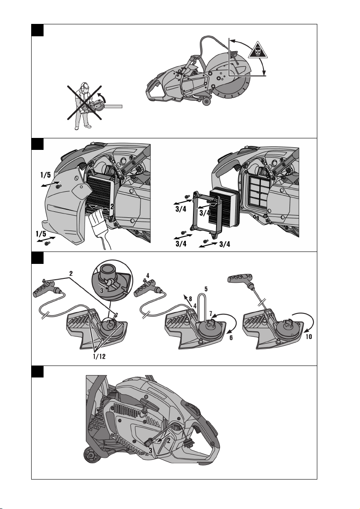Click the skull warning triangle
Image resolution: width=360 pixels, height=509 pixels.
point(258,51)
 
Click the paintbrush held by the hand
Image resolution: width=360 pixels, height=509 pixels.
point(100,227)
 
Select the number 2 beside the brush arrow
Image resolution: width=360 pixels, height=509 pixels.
point(112,206)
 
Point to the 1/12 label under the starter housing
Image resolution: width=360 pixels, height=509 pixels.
point(99,357)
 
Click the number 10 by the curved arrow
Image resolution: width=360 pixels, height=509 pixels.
point(309,336)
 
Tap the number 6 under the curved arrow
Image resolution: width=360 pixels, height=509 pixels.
point(231,338)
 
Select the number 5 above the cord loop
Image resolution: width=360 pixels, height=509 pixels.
point(206,289)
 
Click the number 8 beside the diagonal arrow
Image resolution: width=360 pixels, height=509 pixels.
point(190,298)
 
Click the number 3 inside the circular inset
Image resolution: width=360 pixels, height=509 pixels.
point(102,290)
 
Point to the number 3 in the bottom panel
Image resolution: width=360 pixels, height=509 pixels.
point(151,450)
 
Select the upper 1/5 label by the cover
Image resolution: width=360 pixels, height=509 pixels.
point(45,175)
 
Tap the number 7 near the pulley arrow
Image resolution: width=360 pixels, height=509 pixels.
point(211,313)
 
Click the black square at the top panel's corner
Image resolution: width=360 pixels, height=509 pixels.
point(37,30)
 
